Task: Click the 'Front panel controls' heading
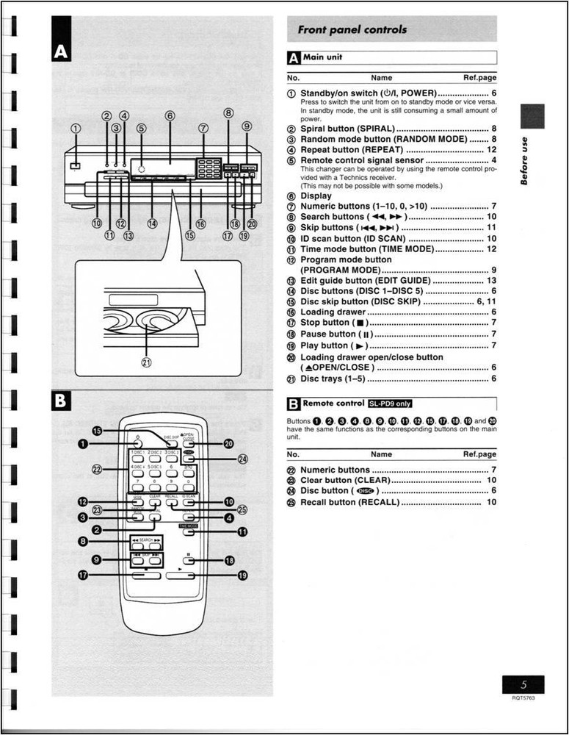tap(352, 30)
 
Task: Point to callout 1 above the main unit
tap(76, 128)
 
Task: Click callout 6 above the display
tap(170, 115)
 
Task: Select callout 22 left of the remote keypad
tap(96, 469)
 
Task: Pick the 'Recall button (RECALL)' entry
tap(349, 502)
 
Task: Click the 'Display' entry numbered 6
tap(316, 196)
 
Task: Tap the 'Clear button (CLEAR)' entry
tap(344, 480)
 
